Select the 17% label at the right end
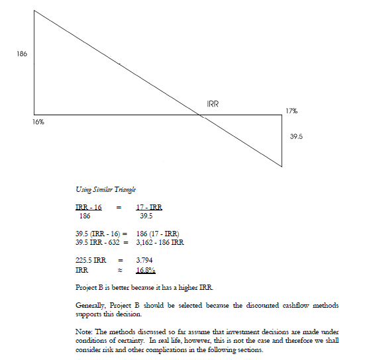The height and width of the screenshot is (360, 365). pos(291,111)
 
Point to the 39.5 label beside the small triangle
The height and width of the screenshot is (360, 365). pos(297,136)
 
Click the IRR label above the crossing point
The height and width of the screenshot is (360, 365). pos(213,104)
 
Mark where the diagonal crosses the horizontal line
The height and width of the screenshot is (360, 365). pos(202,114)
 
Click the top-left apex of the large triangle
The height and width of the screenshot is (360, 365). pos(34,11)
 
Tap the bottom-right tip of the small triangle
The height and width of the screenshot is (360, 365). pos(282,166)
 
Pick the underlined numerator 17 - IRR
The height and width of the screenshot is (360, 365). pos(150,208)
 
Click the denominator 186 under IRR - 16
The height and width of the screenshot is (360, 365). pos(84,216)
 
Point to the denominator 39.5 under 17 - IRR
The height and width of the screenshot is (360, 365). pos(147,216)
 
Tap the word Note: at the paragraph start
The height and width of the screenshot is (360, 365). pos(84,332)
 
